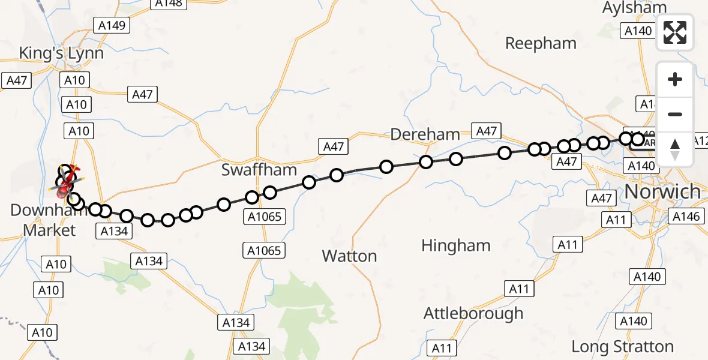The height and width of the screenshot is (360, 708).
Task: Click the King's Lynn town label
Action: pyautogui.click(x=61, y=53)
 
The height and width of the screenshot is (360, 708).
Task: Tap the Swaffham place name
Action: pyautogui.click(x=259, y=170)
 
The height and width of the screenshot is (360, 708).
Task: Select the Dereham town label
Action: pyautogui.click(x=425, y=134)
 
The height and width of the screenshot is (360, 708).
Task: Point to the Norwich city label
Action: pyautogui.click(x=663, y=191)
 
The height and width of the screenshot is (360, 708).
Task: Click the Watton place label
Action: pyautogui.click(x=349, y=256)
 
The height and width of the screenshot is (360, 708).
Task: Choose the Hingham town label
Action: pyautogui.click(x=456, y=245)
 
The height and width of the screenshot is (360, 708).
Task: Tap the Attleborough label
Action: pyautogui.click(x=473, y=313)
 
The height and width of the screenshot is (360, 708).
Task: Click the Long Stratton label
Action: pyautogui.click(x=622, y=347)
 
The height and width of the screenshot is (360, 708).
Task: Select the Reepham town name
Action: pyautogui.click(x=541, y=43)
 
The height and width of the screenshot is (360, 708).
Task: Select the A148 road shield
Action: pyautogui.click(x=169, y=3)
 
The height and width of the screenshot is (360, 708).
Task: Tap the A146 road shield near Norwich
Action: pyautogui.click(x=686, y=217)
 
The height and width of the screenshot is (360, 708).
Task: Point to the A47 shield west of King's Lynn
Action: pyautogui.click(x=17, y=80)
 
